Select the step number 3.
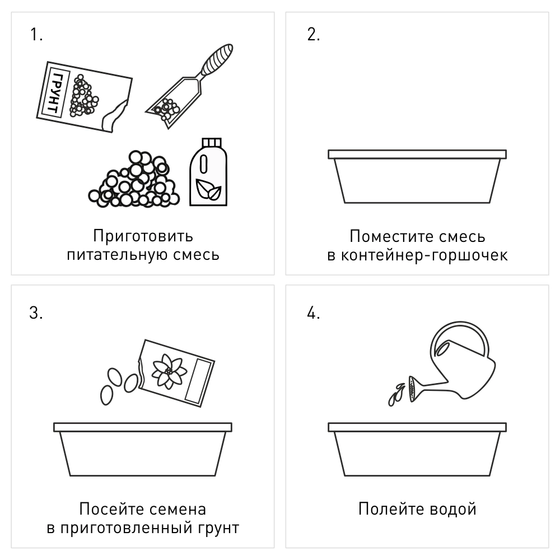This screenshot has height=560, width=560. coord(35,312)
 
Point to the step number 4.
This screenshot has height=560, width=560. coord(313,312)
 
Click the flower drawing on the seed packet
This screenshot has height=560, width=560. coord(166,370)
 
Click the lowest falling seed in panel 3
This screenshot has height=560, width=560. coord(106,394)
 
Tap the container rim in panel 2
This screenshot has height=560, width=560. coord(417,154)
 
